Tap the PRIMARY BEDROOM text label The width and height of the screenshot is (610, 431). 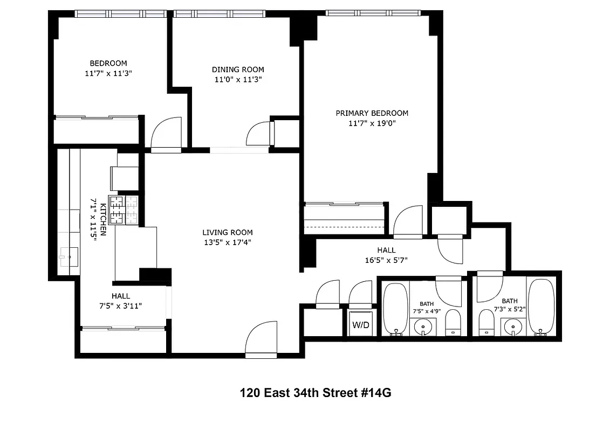(372, 113)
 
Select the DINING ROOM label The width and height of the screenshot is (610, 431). (238, 69)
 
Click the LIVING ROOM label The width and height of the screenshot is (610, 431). (227, 232)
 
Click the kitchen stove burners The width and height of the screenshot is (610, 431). (124, 210)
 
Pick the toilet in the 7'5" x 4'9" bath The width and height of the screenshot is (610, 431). (453, 322)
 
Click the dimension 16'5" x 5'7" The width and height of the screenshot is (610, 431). (386, 260)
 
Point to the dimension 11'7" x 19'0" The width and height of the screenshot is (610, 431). (372, 123)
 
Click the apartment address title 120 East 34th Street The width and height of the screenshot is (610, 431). (314, 393)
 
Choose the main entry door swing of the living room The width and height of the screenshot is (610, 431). (261, 339)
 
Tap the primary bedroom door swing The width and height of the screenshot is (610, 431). (408, 222)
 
